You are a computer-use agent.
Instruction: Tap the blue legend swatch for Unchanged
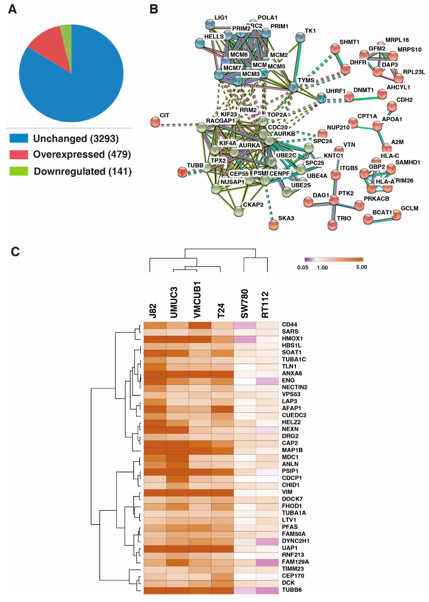click(19, 138)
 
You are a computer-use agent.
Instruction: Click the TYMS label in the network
click(306, 80)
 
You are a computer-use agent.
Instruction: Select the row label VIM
click(287, 492)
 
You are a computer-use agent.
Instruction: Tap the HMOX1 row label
click(292, 338)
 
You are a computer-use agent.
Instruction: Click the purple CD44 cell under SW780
click(245, 325)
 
